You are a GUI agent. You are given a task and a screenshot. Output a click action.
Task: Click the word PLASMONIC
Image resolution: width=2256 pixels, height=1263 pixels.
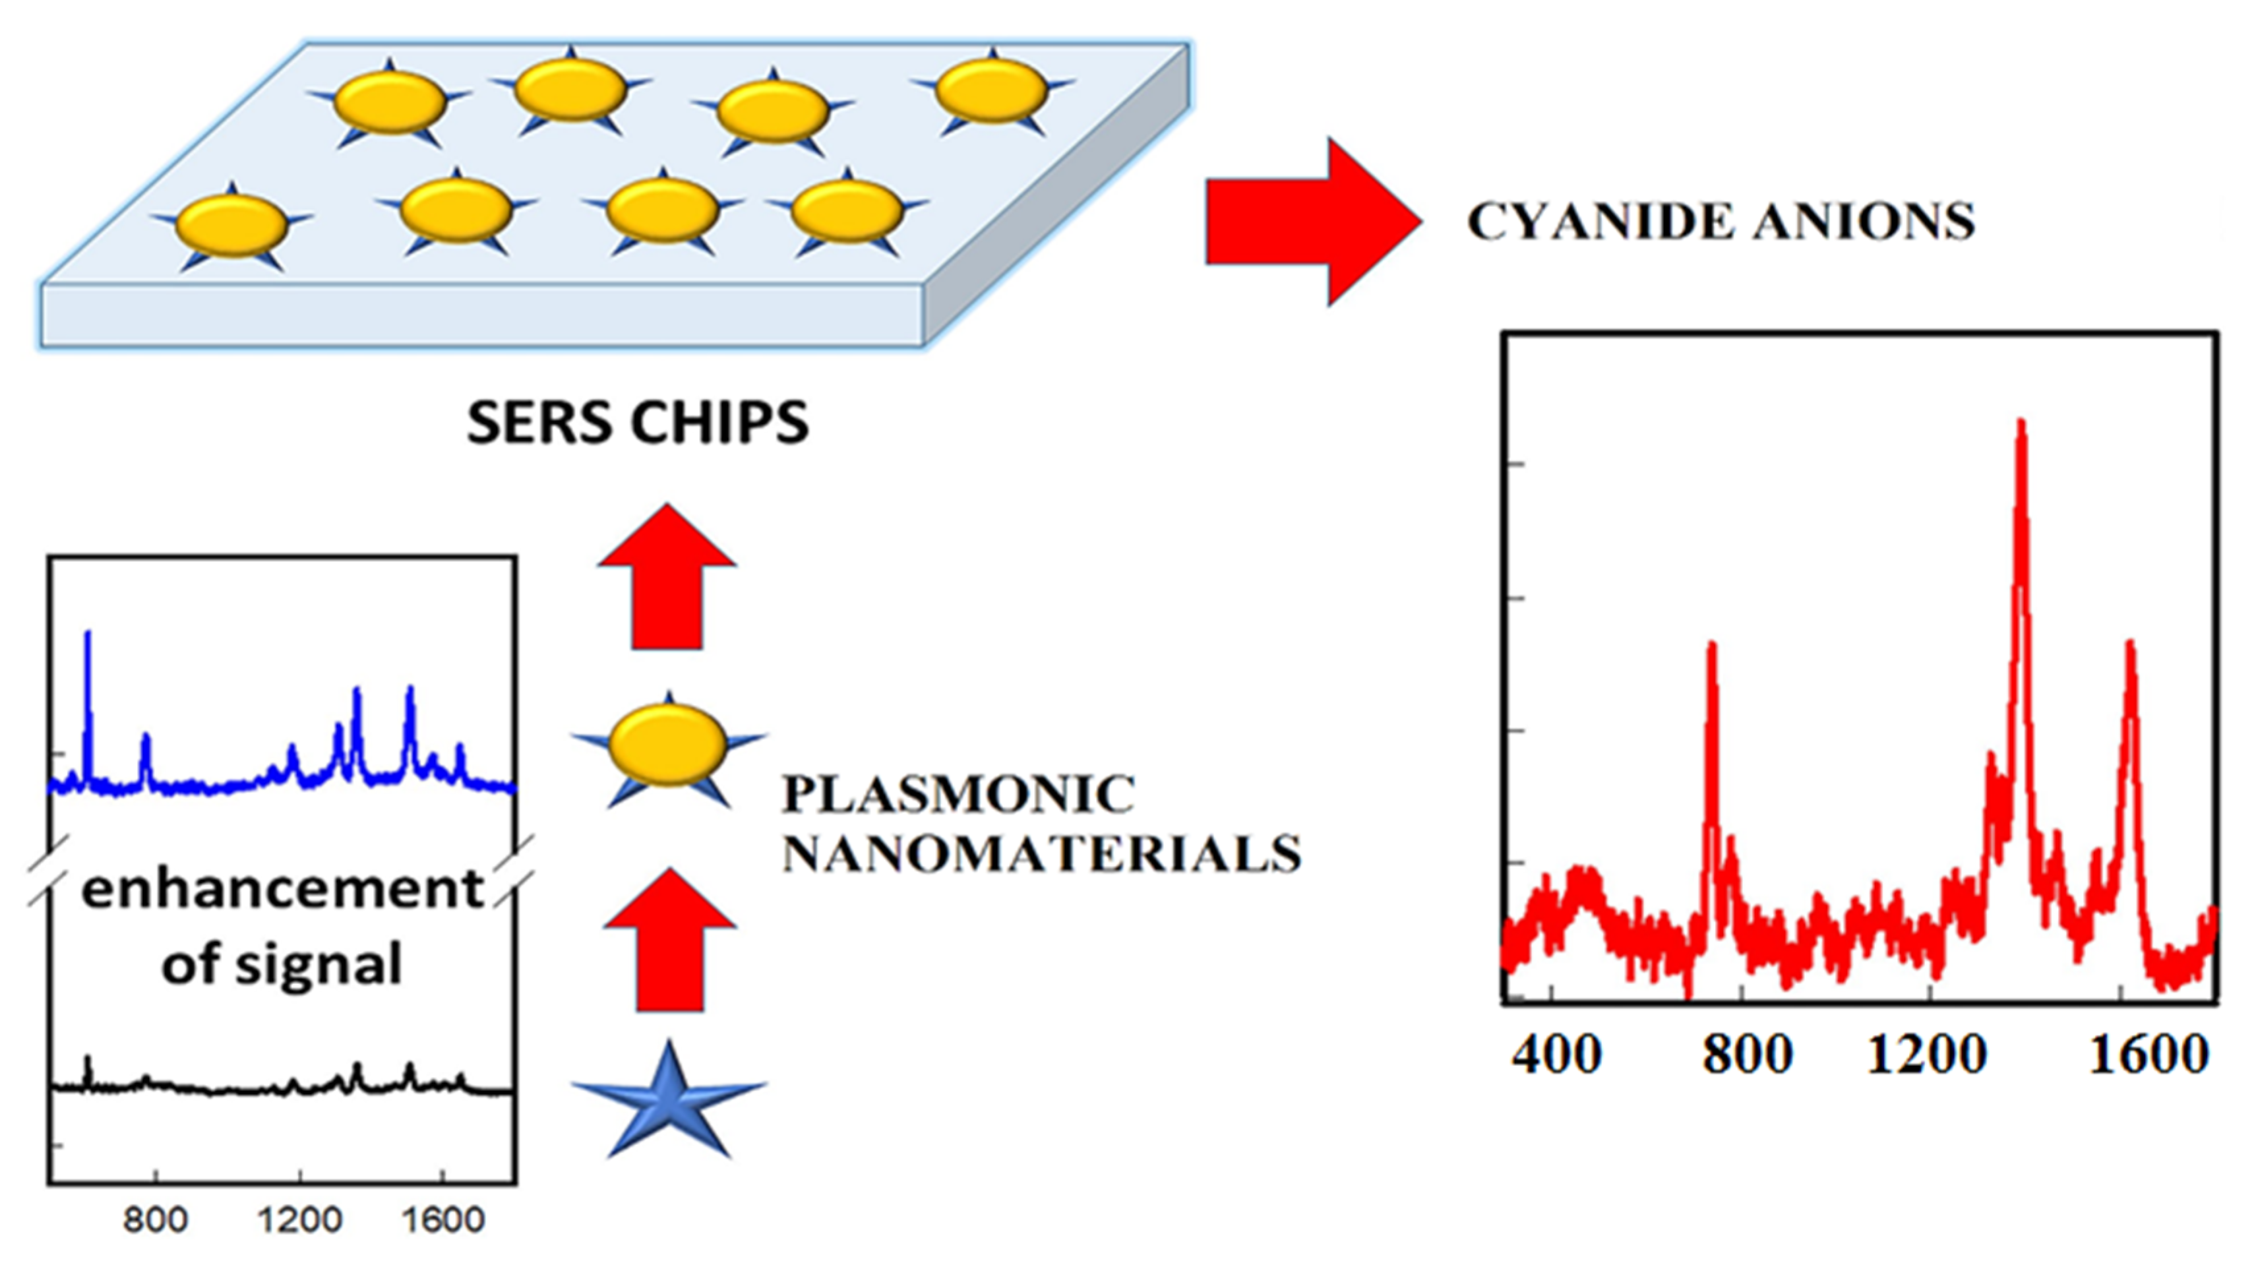pos(958,795)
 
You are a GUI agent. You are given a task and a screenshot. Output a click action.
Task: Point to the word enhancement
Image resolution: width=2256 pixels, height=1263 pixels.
pos(282,888)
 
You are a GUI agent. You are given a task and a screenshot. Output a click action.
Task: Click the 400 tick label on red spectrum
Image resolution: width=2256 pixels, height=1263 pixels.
pos(1556,1055)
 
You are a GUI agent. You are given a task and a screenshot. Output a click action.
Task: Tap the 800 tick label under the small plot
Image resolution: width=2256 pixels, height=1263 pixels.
pos(155,1220)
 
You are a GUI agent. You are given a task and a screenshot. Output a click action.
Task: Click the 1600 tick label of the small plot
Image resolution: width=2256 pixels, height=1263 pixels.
pos(442,1220)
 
